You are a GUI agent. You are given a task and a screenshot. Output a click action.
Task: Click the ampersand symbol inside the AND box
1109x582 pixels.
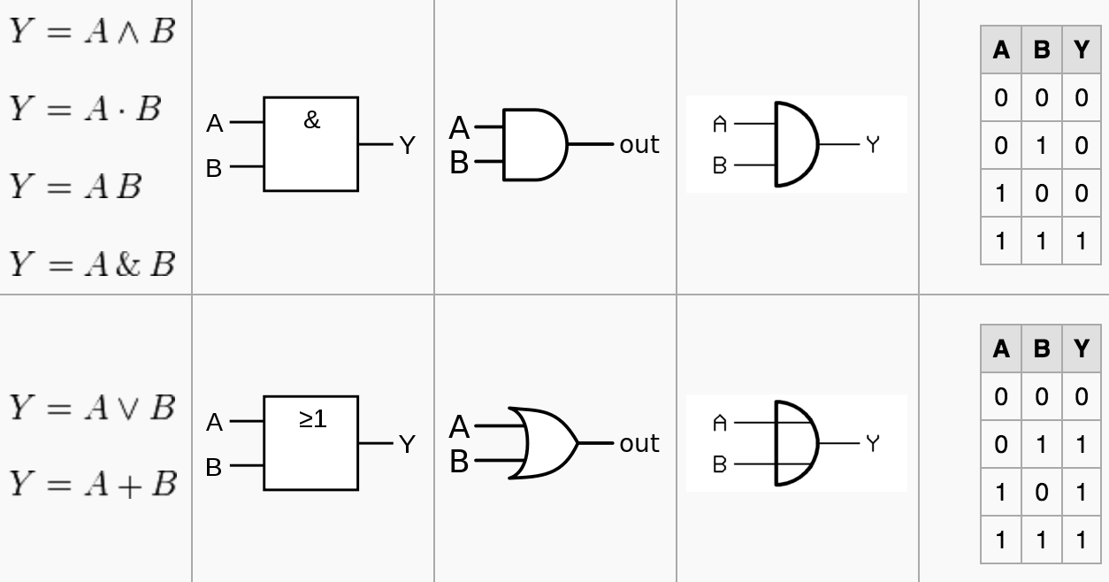[x=311, y=120]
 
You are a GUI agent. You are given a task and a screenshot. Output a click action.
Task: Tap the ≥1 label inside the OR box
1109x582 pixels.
[x=312, y=418]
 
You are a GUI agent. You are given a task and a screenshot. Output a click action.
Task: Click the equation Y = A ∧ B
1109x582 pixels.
[x=92, y=32]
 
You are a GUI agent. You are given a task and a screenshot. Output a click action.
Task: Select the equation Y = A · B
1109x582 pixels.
[x=86, y=109]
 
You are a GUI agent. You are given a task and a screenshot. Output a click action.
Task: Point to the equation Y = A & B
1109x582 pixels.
[x=92, y=264]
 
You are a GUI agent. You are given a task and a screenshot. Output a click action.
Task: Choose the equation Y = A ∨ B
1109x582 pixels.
[x=92, y=408]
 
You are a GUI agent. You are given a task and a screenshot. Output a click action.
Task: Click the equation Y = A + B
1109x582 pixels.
[x=93, y=484]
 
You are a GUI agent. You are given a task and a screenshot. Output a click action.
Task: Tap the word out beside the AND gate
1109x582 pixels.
[x=639, y=144]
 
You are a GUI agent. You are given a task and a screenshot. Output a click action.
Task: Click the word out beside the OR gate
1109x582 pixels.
[x=639, y=443]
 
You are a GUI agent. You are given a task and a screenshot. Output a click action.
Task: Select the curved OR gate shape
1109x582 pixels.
[x=542, y=443]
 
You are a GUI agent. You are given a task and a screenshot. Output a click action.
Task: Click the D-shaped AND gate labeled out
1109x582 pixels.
[x=534, y=144]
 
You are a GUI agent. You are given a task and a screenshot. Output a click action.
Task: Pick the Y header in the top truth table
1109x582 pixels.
[x=1082, y=50]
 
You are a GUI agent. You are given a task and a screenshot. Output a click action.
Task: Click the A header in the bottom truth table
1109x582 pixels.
[x=1001, y=348]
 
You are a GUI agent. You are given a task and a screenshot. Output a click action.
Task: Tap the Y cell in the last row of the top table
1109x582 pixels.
[x=1082, y=241]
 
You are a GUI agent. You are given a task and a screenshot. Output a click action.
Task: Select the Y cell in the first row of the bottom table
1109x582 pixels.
[x=1082, y=396]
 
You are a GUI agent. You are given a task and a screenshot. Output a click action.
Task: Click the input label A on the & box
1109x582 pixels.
[x=215, y=125]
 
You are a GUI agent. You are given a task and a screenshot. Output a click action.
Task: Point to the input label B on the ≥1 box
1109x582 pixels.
[x=214, y=467]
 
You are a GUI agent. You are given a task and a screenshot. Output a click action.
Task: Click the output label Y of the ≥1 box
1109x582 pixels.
[x=407, y=444]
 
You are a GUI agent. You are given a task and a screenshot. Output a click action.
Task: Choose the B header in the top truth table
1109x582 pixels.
[x=1042, y=50]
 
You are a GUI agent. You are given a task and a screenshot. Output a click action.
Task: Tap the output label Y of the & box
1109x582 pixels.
[x=407, y=146]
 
